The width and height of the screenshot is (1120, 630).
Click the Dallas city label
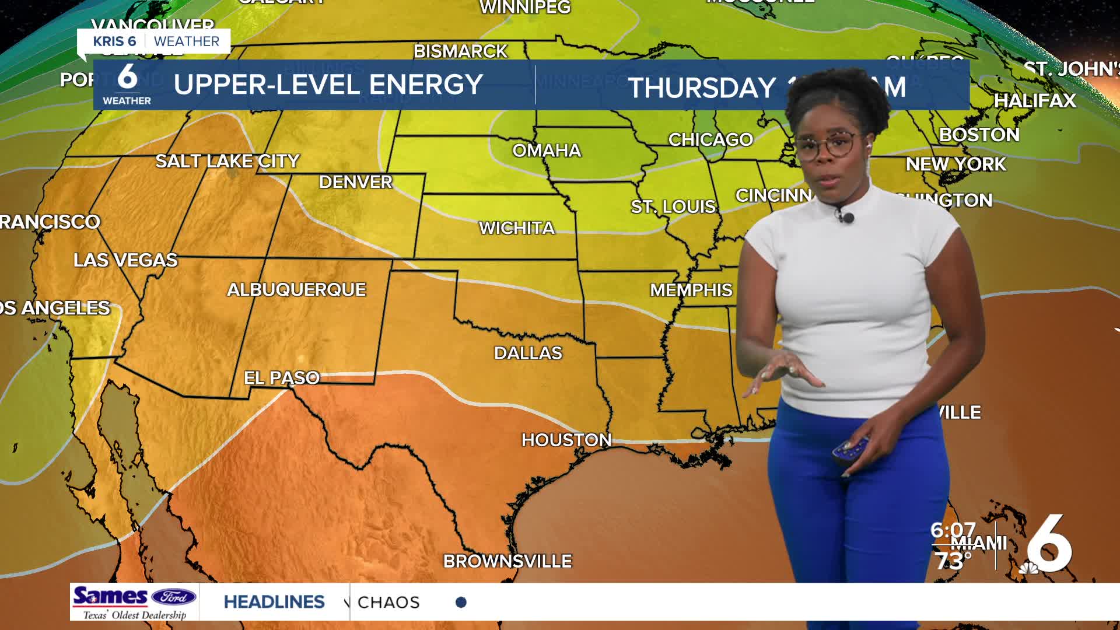click(528, 353)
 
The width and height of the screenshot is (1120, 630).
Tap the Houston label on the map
click(566, 440)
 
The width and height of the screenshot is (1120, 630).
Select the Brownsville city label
click(508, 561)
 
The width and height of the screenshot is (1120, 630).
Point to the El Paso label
click(282, 378)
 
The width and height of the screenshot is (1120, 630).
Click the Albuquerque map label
click(296, 289)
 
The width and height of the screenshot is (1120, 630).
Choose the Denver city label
click(355, 182)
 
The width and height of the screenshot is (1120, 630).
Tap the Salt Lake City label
click(228, 161)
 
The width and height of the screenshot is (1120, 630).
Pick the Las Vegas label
click(125, 260)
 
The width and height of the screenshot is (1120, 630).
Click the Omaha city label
click(547, 150)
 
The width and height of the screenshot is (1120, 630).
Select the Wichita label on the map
click(517, 228)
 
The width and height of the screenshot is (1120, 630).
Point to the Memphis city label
click(691, 290)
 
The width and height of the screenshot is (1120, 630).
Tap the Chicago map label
click(710, 139)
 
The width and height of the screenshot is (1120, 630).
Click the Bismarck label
click(460, 51)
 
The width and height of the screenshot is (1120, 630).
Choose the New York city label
click(956, 164)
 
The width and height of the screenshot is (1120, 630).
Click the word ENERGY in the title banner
click(426, 85)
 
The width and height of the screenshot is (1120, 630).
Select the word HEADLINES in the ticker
click(274, 602)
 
